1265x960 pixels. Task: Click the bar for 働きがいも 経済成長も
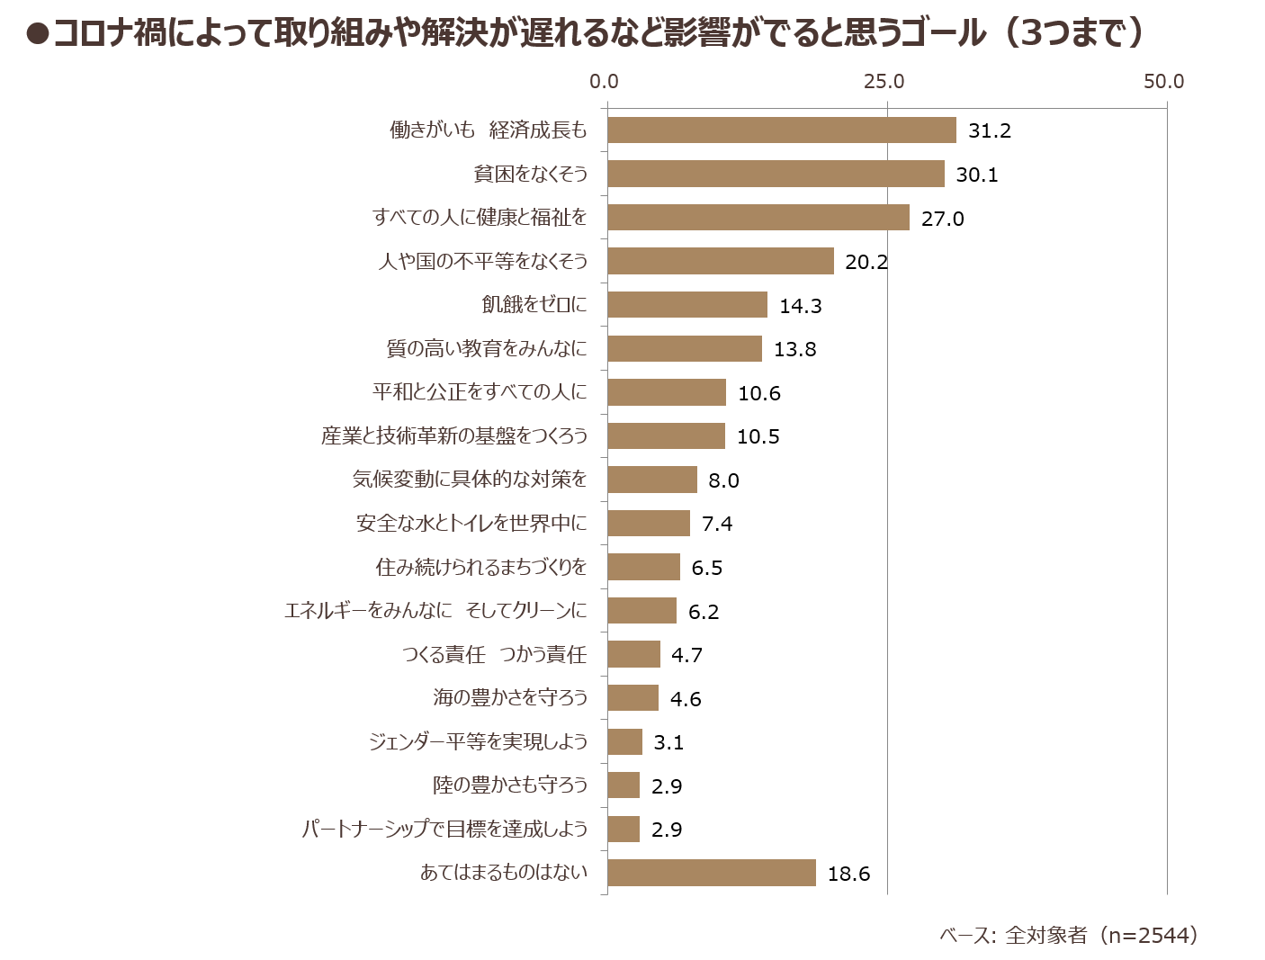782,130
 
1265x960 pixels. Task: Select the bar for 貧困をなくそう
776,174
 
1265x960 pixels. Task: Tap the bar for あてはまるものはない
712,873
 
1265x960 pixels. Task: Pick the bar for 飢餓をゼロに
687,304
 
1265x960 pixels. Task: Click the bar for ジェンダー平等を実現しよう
624,741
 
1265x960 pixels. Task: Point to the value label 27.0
942,219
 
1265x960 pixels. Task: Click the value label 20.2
866,262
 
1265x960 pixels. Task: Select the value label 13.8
794,349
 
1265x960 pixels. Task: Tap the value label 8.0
723,480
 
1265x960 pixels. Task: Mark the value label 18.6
848,875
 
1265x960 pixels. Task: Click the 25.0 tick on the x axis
884,82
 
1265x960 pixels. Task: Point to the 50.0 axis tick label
1163,82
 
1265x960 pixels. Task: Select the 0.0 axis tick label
604,82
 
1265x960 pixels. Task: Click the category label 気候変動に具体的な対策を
470,479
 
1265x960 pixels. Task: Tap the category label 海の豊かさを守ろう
510,697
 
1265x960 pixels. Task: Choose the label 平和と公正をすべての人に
480,392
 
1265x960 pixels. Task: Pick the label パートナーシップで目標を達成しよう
445,829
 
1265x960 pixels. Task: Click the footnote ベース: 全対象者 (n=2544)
1069,935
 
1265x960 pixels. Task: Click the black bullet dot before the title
38,34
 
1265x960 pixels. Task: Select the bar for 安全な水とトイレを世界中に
649,524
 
